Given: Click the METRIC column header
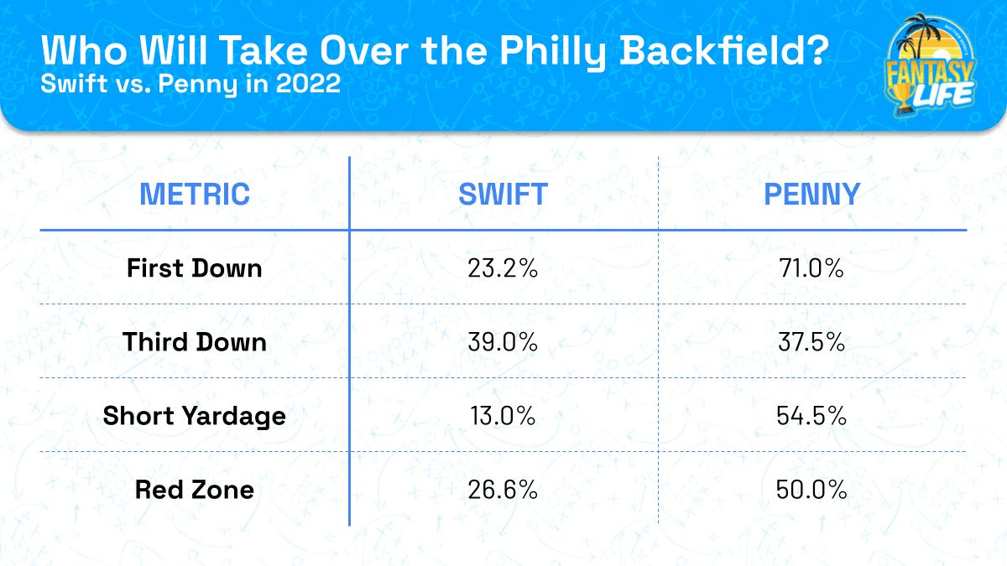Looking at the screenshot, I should point(195,194).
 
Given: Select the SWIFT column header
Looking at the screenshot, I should point(503,194).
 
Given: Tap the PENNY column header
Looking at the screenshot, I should point(811,194).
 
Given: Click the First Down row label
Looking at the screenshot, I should point(195,268).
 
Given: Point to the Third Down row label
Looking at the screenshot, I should point(195,342).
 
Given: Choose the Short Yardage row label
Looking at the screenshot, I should point(195,416).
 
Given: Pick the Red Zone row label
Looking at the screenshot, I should point(195,490).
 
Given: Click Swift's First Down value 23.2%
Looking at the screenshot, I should point(503,268).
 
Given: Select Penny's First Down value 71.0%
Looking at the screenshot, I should point(811,268).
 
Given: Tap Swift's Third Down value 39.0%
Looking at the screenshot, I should point(503,342).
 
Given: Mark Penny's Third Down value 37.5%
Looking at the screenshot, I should point(811,342).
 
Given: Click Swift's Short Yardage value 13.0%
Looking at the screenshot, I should point(503,416).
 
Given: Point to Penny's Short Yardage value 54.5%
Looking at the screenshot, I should point(811,416).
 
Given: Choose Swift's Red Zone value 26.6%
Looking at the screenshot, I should point(503,490).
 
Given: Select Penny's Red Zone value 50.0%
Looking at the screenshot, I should point(811,490).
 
